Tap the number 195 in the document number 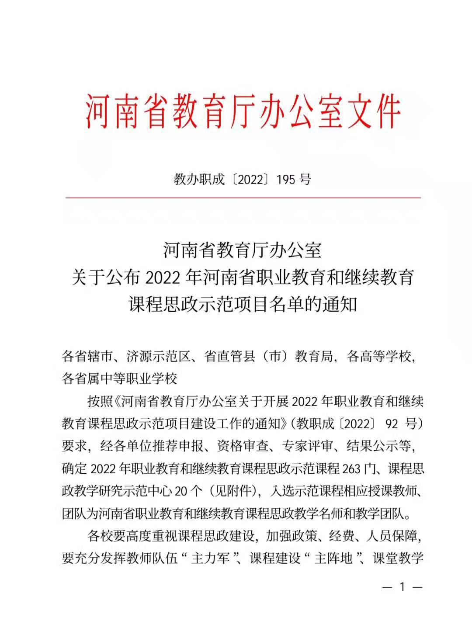(286, 179)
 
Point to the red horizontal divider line (243, 198)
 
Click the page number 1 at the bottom (402, 587)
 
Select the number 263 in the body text (351, 468)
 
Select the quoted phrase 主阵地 (333, 559)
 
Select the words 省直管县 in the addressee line (229, 357)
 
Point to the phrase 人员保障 (391, 536)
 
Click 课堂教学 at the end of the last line (398, 559)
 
